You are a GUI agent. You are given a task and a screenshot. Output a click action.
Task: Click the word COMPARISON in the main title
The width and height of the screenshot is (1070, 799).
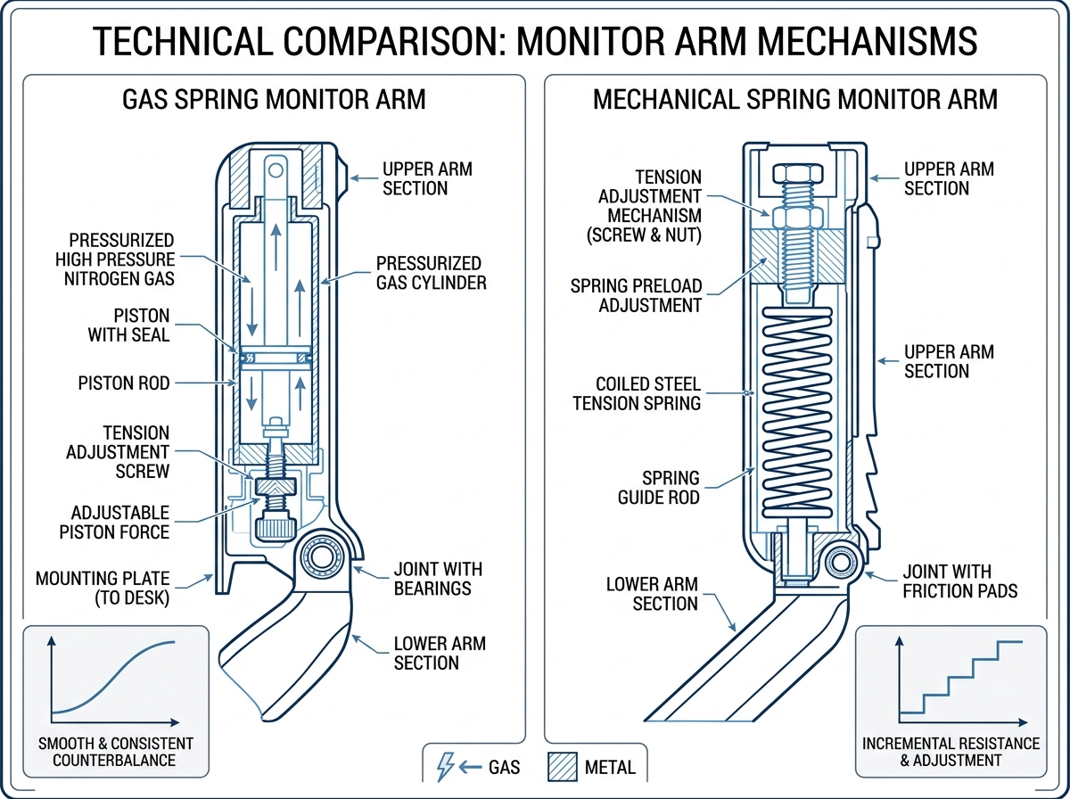[420, 41]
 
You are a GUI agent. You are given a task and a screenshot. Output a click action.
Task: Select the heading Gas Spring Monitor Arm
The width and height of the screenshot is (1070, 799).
[273, 98]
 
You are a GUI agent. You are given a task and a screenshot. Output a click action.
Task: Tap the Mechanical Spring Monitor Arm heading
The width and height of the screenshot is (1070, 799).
[794, 98]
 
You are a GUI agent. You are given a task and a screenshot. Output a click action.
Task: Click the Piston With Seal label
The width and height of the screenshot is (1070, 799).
[129, 326]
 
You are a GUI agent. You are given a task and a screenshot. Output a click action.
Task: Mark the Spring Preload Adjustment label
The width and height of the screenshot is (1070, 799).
[636, 296]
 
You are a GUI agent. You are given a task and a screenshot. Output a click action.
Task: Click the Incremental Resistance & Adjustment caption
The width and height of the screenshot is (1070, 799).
[950, 752]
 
